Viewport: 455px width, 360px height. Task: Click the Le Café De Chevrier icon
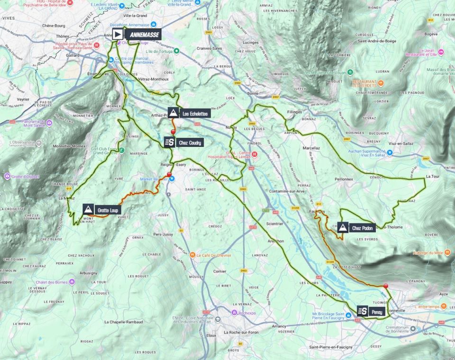point(192,255)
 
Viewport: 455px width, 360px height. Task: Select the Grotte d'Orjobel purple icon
point(7,176)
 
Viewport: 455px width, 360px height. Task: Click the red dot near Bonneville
point(386,286)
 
